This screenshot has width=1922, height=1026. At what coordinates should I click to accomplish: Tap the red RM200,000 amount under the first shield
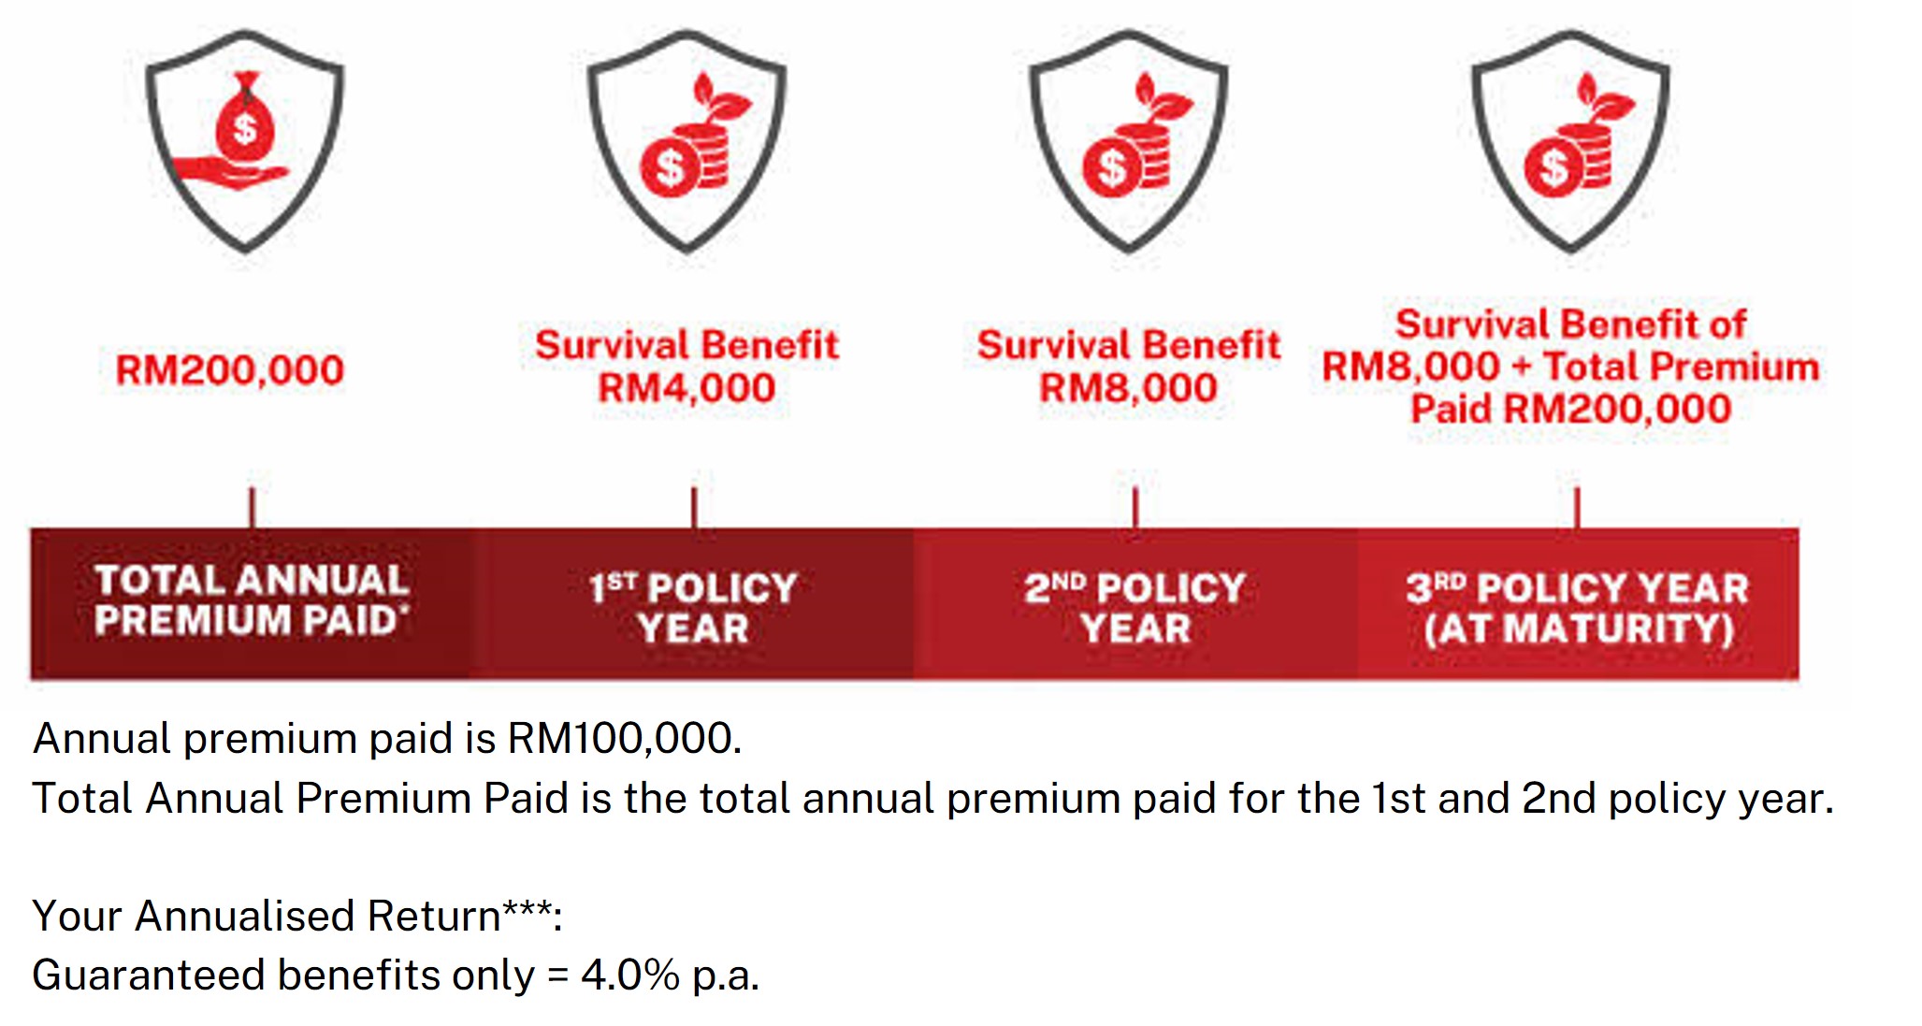[230, 370]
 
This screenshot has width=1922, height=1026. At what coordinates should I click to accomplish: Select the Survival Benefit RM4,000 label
[686, 367]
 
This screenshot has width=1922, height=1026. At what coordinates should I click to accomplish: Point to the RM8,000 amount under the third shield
[1128, 388]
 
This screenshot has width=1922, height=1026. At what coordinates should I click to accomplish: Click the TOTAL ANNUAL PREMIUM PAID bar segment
[252, 602]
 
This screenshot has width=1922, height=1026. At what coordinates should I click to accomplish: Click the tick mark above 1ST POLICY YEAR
[694, 508]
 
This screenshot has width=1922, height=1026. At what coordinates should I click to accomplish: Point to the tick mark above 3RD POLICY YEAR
[1577, 508]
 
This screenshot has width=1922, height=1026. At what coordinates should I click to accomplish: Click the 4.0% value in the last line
[629, 975]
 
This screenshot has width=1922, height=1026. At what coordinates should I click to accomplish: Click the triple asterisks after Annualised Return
[527, 909]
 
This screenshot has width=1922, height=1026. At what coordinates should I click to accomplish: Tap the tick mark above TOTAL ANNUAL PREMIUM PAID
[252, 508]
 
